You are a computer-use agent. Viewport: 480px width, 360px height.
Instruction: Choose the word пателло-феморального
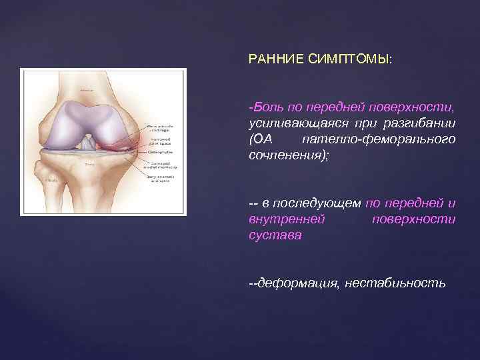[379, 139]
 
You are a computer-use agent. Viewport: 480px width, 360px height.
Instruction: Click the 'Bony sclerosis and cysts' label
[161, 179]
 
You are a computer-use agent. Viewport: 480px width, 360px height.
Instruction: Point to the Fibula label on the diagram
[51, 180]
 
